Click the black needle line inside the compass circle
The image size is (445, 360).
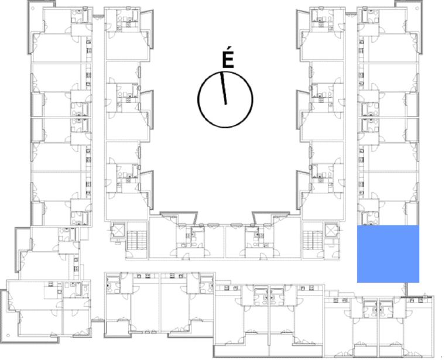click(224, 88)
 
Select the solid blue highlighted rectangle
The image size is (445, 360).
click(388, 254)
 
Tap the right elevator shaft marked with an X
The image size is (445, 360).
click(331, 231)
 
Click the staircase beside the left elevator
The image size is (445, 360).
click(137, 240)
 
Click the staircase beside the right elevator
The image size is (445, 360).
click(313, 240)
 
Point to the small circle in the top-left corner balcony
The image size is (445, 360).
click(33, 8)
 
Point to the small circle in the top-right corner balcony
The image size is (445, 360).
click(417, 8)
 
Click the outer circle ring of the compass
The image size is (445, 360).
click(198, 100)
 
